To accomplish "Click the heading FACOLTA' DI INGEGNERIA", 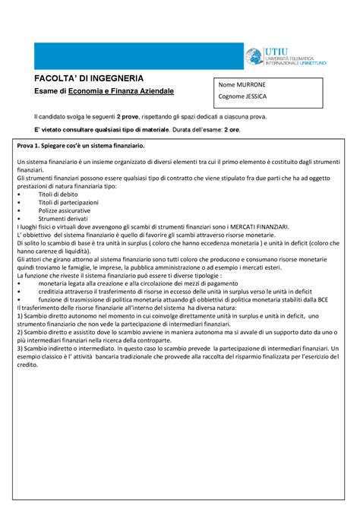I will coord(92,78).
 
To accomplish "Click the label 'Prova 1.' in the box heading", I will coord(30,145).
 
